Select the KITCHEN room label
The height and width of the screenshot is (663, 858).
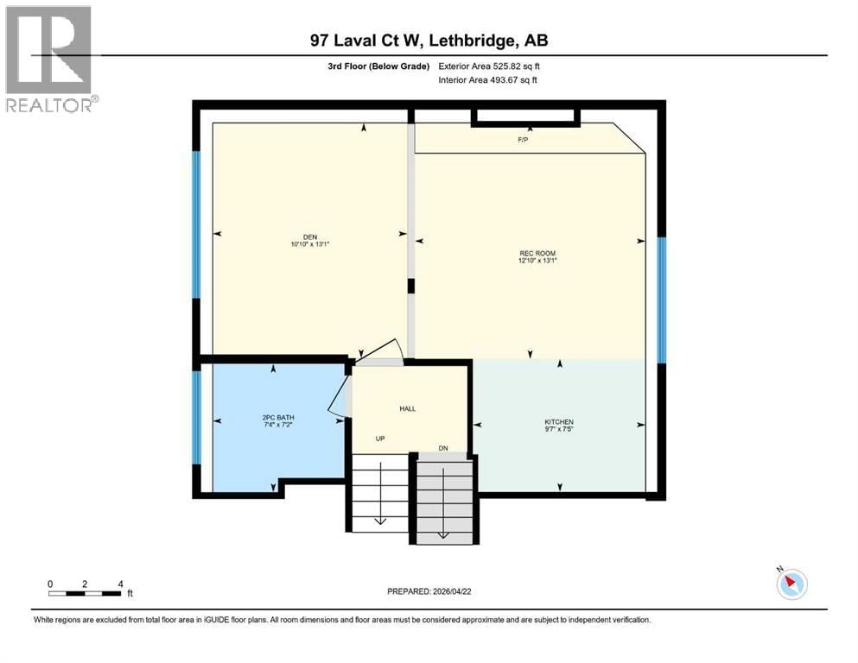click(559, 421)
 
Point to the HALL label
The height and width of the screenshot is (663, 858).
click(409, 409)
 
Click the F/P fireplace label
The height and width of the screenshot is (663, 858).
click(523, 140)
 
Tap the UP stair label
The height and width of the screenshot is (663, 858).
click(379, 439)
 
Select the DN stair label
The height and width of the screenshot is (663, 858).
click(443, 447)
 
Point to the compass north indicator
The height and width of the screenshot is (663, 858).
click(791, 584)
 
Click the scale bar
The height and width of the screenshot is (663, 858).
click(85, 592)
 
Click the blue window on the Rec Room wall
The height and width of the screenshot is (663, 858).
click(662, 300)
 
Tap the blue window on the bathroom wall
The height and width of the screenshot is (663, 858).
click(196, 418)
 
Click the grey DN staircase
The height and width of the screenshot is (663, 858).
click(445, 501)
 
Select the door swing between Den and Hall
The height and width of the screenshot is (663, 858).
click(381, 350)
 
